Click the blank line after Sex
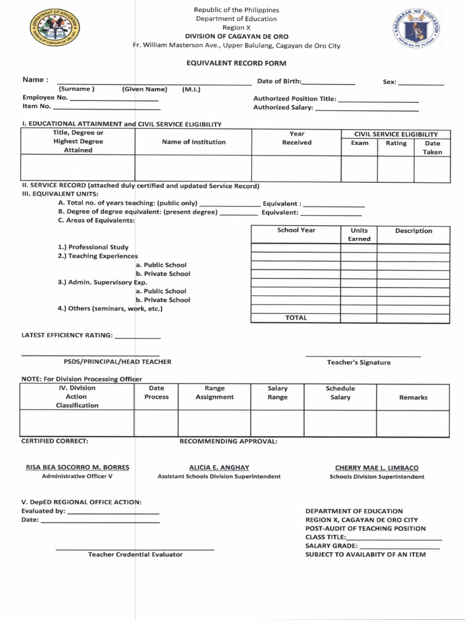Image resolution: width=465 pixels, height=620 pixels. tap(421, 83)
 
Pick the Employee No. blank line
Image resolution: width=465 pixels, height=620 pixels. tap(114, 99)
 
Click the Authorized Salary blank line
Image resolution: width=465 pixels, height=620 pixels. tap(367, 110)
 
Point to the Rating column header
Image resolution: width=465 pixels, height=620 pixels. tap(396, 143)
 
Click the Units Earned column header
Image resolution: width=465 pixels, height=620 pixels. tap(359, 235)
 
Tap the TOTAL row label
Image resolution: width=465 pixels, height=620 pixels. tap(296, 318)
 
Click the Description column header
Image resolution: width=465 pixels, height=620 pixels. tap(414, 231)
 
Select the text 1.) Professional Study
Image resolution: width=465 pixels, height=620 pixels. tap(92, 248)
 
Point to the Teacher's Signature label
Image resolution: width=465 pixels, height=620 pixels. tap(358, 363)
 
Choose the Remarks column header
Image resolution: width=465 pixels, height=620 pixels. tap(413, 398)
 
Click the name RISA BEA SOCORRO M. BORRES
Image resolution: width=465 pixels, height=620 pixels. tap(77, 468)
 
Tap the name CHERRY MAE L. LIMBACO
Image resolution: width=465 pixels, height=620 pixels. tap(377, 468)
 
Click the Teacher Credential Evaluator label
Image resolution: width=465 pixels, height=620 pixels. tap(135, 555)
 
